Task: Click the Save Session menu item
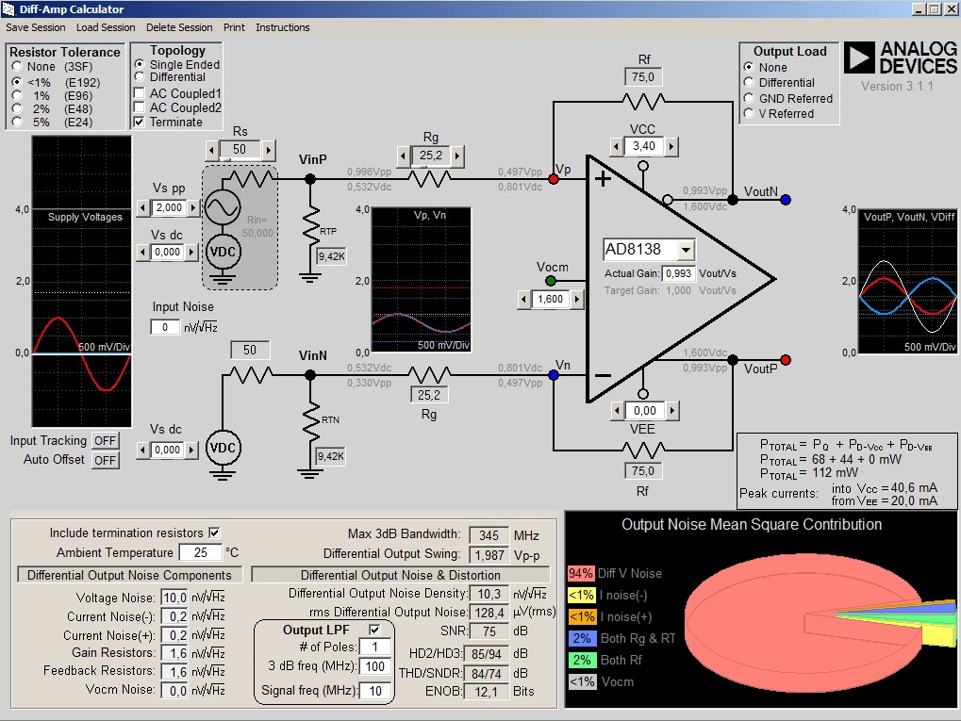click(x=36, y=27)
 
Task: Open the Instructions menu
click(x=283, y=27)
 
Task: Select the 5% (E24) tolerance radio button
click(x=17, y=122)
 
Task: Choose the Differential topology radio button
click(x=140, y=76)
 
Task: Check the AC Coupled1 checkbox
click(x=140, y=93)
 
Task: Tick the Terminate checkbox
click(x=140, y=122)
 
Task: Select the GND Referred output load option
click(x=748, y=98)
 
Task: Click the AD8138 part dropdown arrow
click(x=687, y=250)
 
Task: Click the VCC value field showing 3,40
click(x=643, y=146)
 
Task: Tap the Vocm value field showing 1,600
click(x=551, y=299)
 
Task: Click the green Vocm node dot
click(x=551, y=281)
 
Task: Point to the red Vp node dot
click(x=554, y=179)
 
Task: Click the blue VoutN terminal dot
click(x=786, y=199)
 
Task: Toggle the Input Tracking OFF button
click(x=105, y=440)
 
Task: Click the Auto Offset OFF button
click(x=105, y=460)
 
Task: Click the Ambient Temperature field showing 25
click(x=201, y=552)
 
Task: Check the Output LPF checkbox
click(x=374, y=630)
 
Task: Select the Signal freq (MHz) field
click(x=375, y=691)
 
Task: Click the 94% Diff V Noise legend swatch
click(x=580, y=573)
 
